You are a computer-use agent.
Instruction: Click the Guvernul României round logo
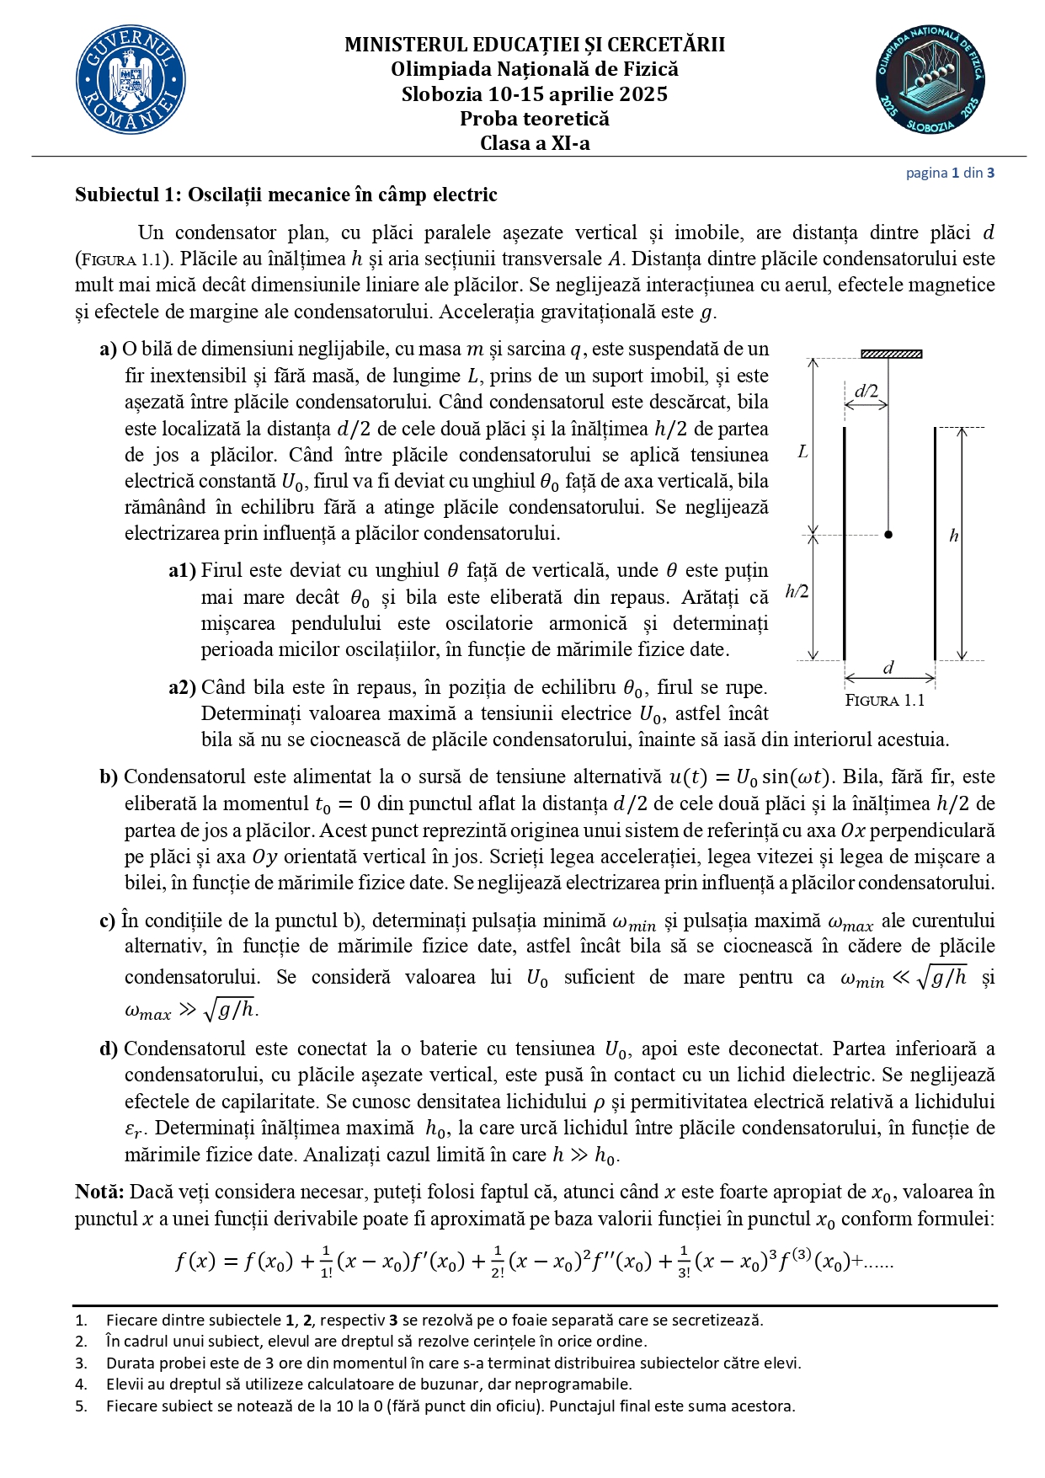click(131, 80)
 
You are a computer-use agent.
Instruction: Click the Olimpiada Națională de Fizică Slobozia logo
click(930, 80)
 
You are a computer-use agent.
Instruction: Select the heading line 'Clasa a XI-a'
click(535, 143)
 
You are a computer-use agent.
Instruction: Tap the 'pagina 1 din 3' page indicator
click(950, 173)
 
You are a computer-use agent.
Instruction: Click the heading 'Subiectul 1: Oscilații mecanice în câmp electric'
click(285, 195)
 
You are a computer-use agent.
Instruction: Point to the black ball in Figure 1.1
click(888, 534)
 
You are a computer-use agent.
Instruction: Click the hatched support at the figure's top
click(891, 355)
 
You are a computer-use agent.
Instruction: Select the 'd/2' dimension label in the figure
click(866, 391)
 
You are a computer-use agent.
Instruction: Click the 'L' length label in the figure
click(802, 452)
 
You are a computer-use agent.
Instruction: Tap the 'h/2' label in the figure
click(797, 591)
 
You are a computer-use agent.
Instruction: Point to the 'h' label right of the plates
click(954, 536)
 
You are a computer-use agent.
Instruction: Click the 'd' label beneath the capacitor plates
click(888, 668)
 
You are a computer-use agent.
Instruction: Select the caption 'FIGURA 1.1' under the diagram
click(884, 701)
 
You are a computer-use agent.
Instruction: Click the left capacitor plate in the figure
click(845, 543)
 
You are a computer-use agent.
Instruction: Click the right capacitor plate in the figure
click(935, 543)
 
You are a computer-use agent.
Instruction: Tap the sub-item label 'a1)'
click(182, 571)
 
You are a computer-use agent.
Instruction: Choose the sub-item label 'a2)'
click(182, 688)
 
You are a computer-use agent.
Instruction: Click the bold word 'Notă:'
click(99, 1192)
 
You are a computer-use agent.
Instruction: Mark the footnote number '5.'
click(81, 1406)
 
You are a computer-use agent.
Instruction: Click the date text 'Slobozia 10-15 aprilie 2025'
click(535, 94)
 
